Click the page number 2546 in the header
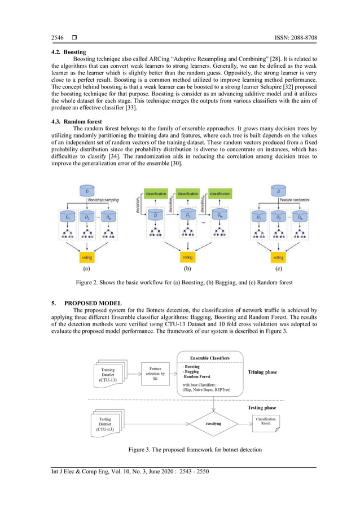pyautogui.click(x=57, y=38)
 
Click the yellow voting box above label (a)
pyautogui.click(x=87, y=257)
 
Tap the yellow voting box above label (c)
pyautogui.click(x=278, y=257)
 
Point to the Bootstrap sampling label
pyautogui.click(x=103, y=200)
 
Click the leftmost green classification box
pyautogui.click(x=155, y=194)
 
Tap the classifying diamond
pyautogui.click(x=214, y=423)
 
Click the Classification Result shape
pyautogui.click(x=266, y=422)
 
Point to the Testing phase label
pyautogui.click(x=262, y=407)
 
